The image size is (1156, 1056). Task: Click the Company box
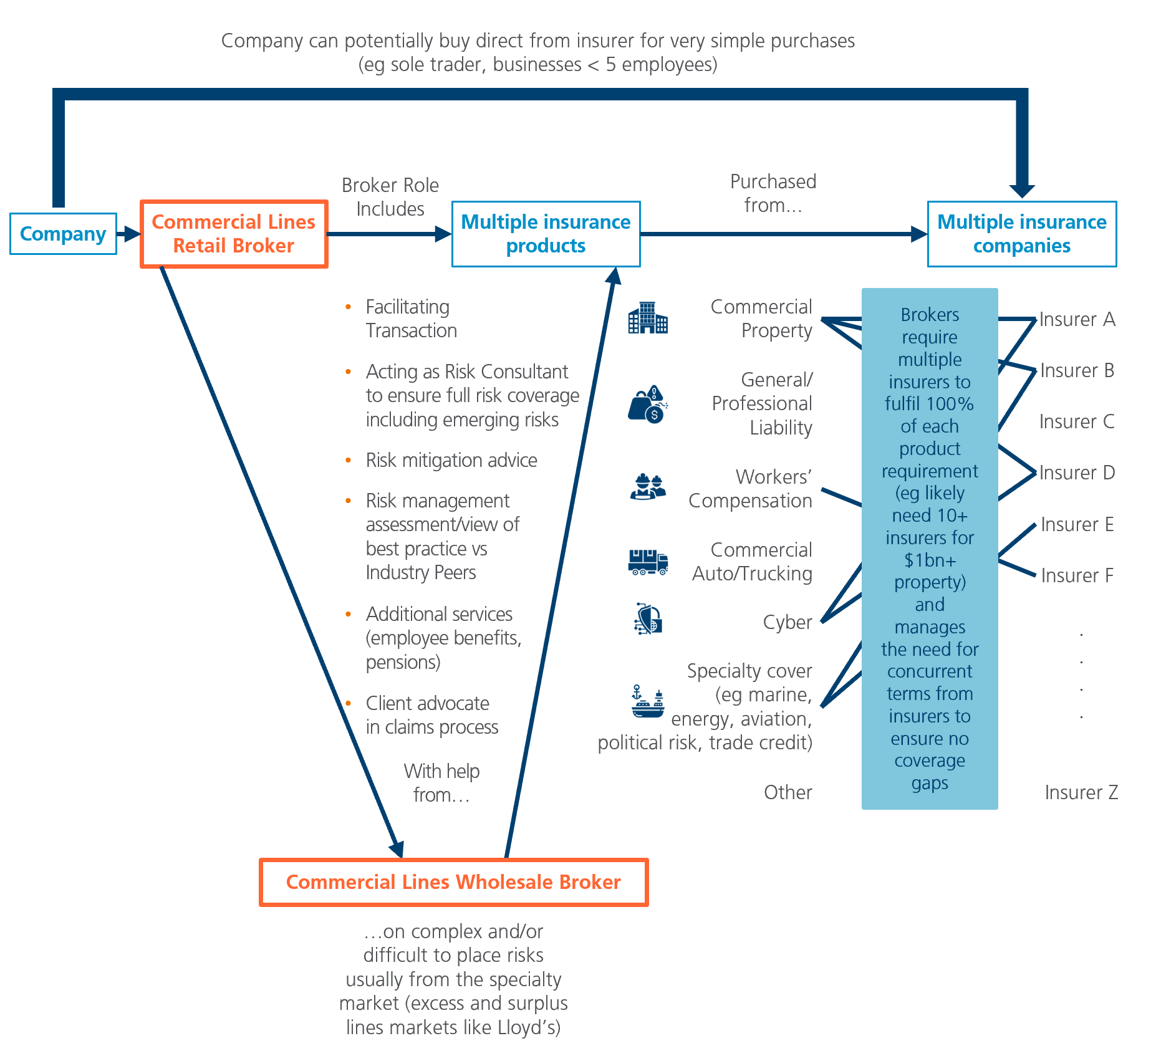pyautogui.click(x=63, y=234)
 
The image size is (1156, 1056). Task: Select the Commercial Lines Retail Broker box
pyautogui.click(x=234, y=234)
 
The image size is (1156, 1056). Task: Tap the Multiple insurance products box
pyautogui.click(x=546, y=234)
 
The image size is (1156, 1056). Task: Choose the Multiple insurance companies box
pyautogui.click(x=1021, y=234)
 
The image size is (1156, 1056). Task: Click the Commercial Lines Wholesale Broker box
pyautogui.click(x=453, y=882)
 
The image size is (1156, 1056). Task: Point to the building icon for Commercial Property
pyautogui.click(x=648, y=318)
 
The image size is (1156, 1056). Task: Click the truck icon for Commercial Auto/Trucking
pyautogui.click(x=648, y=562)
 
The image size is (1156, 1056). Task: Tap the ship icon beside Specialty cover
pyautogui.click(x=648, y=702)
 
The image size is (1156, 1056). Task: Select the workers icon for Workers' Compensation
pyautogui.click(x=648, y=487)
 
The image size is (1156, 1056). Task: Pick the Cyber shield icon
pyautogui.click(x=648, y=620)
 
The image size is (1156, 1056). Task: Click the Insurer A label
pyautogui.click(x=1077, y=319)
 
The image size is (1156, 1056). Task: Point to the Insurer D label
pyautogui.click(x=1077, y=473)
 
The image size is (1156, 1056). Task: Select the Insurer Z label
pyautogui.click(x=1081, y=792)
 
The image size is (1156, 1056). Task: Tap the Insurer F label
pyautogui.click(x=1077, y=575)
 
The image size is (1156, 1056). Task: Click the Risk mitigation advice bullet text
pyautogui.click(x=451, y=460)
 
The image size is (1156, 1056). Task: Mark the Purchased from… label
pyautogui.click(x=773, y=193)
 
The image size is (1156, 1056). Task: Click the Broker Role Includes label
pyautogui.click(x=390, y=197)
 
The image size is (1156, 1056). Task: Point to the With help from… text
pyautogui.click(x=441, y=783)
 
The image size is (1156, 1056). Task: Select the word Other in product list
pyautogui.click(x=788, y=792)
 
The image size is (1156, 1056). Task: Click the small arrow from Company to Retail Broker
pyautogui.click(x=130, y=234)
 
